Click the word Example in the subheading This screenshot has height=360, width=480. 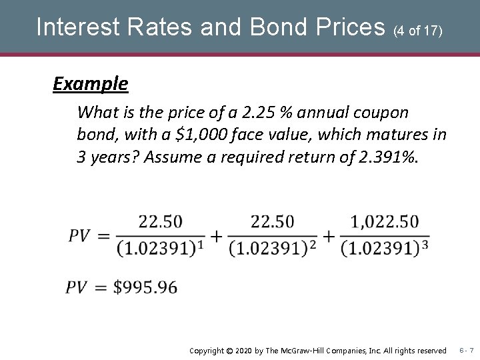point(91,84)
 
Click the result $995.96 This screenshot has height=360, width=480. point(145,287)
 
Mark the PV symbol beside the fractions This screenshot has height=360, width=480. point(80,235)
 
